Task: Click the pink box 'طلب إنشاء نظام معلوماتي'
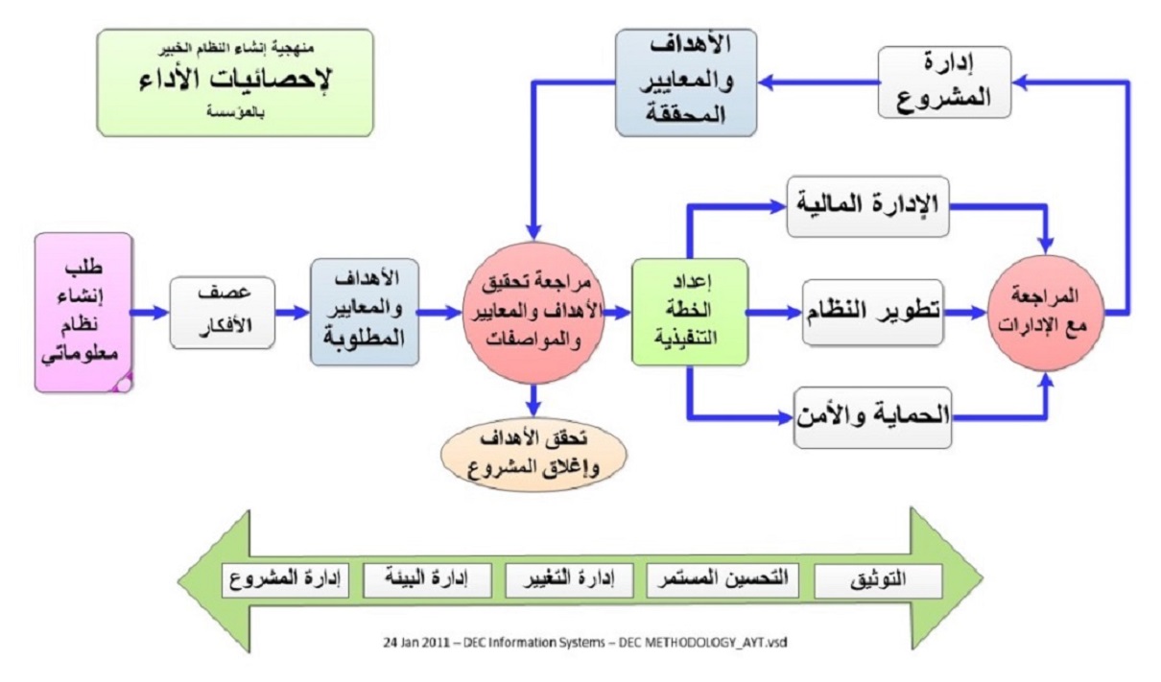pyautogui.click(x=83, y=312)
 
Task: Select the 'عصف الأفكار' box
pyautogui.click(x=223, y=312)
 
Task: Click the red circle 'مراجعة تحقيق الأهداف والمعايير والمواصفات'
pyautogui.click(x=533, y=312)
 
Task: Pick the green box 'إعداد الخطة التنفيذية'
pyautogui.click(x=689, y=312)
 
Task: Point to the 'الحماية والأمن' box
pyautogui.click(x=873, y=416)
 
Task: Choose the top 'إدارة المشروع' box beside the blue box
pyautogui.click(x=945, y=82)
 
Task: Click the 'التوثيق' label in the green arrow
pyautogui.click(x=878, y=580)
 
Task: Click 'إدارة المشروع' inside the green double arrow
pyautogui.click(x=285, y=580)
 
